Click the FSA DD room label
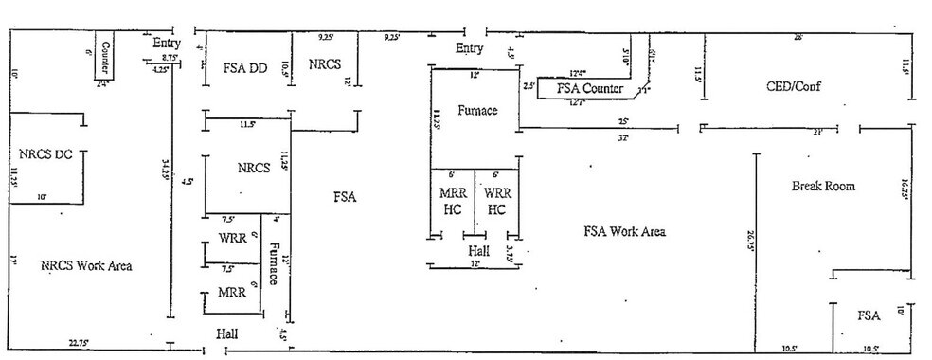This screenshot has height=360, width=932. [x=245, y=68]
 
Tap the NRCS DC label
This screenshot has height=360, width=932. [x=45, y=154]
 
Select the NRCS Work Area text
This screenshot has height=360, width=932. [x=86, y=266]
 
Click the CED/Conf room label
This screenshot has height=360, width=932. [x=794, y=86]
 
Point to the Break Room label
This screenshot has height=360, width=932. [x=823, y=187]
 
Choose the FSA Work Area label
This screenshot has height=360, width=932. [x=625, y=231]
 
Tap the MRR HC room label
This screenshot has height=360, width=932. [x=453, y=201]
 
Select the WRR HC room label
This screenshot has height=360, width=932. [x=497, y=201]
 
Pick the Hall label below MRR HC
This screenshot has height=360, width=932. [x=478, y=251]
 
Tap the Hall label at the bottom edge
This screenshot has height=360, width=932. [x=227, y=334]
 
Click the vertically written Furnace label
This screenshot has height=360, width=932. [x=274, y=263]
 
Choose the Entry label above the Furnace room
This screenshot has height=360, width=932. [x=470, y=48]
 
